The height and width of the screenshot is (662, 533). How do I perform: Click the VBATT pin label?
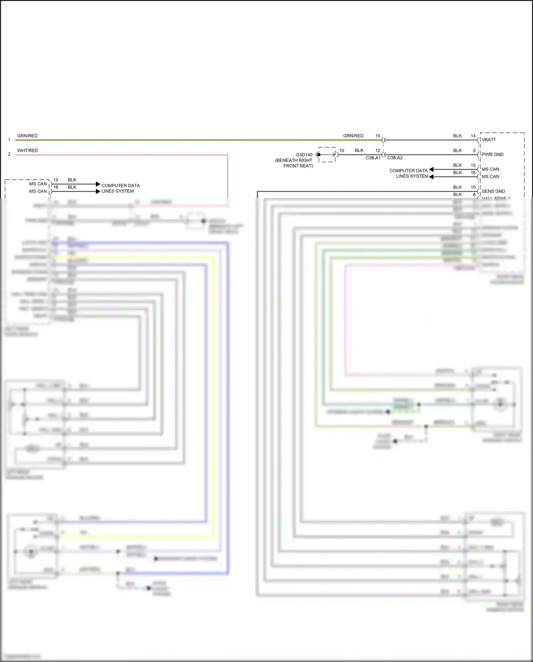(489, 140)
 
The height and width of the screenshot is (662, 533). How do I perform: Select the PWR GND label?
(492, 154)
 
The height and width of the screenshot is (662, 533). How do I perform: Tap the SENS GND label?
(493, 191)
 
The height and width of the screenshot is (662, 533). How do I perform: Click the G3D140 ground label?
(304, 155)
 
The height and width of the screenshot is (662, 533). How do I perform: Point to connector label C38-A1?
(373, 158)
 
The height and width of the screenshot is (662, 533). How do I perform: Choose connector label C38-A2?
(395, 158)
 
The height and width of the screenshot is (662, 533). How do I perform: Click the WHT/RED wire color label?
(27, 150)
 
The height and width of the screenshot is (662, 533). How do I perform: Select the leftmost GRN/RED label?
(27, 136)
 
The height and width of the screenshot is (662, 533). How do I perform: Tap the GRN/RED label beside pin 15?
(353, 136)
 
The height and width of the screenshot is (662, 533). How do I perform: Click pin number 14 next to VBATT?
(473, 136)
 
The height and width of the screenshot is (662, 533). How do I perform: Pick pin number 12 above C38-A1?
(377, 150)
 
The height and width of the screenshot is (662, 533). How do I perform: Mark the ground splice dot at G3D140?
(319, 155)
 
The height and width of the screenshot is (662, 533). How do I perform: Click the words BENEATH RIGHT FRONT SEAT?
(294, 163)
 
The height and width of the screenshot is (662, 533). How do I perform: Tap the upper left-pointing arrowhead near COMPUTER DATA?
(431, 169)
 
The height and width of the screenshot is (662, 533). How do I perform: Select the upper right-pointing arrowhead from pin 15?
(98, 184)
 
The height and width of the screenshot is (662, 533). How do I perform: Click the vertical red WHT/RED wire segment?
(227, 178)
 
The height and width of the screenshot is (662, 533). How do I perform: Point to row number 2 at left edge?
(9, 154)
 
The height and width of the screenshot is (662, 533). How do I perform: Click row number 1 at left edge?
(9, 140)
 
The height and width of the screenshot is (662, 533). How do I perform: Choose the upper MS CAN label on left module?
(38, 184)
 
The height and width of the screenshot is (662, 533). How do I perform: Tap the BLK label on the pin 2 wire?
(457, 150)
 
